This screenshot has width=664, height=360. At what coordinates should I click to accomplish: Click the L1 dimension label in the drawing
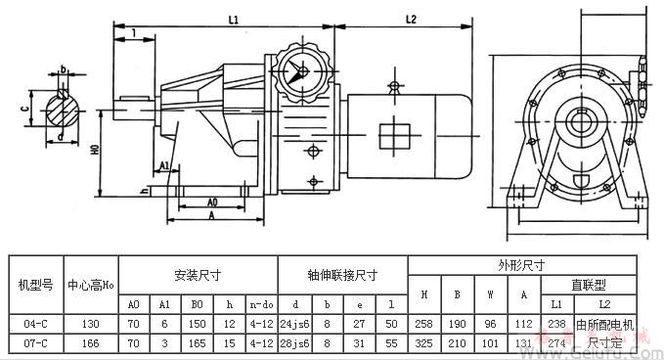pos(234,19)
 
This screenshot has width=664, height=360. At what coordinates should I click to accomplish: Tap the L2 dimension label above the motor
pos(411,19)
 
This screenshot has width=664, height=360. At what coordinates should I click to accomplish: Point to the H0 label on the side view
pos(95,153)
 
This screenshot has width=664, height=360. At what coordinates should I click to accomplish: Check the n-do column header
pos(260,304)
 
